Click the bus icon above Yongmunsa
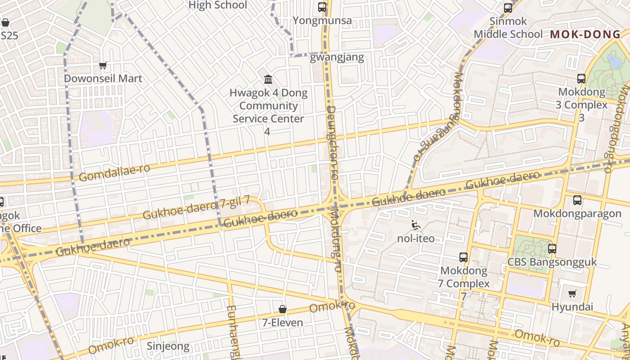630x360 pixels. click(322, 7)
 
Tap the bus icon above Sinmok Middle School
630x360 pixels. click(508, 8)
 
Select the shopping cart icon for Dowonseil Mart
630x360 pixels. click(103, 66)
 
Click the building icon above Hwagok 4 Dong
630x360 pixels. click(268, 80)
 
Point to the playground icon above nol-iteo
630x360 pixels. click(416, 225)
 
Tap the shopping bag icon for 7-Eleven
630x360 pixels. click(283, 309)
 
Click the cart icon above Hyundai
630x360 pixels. click(572, 294)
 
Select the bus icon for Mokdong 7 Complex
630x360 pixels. click(463, 257)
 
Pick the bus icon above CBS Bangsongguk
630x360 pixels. click(552, 248)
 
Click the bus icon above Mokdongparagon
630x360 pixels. click(577, 200)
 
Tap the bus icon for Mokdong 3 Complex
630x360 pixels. click(581, 79)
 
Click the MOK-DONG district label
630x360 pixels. click(585, 34)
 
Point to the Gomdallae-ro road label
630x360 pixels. click(114, 173)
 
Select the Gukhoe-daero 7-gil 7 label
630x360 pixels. click(196, 208)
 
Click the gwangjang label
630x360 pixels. click(337, 58)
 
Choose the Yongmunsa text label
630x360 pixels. click(322, 21)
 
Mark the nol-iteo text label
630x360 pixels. click(416, 238)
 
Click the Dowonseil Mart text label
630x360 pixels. click(103, 78)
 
